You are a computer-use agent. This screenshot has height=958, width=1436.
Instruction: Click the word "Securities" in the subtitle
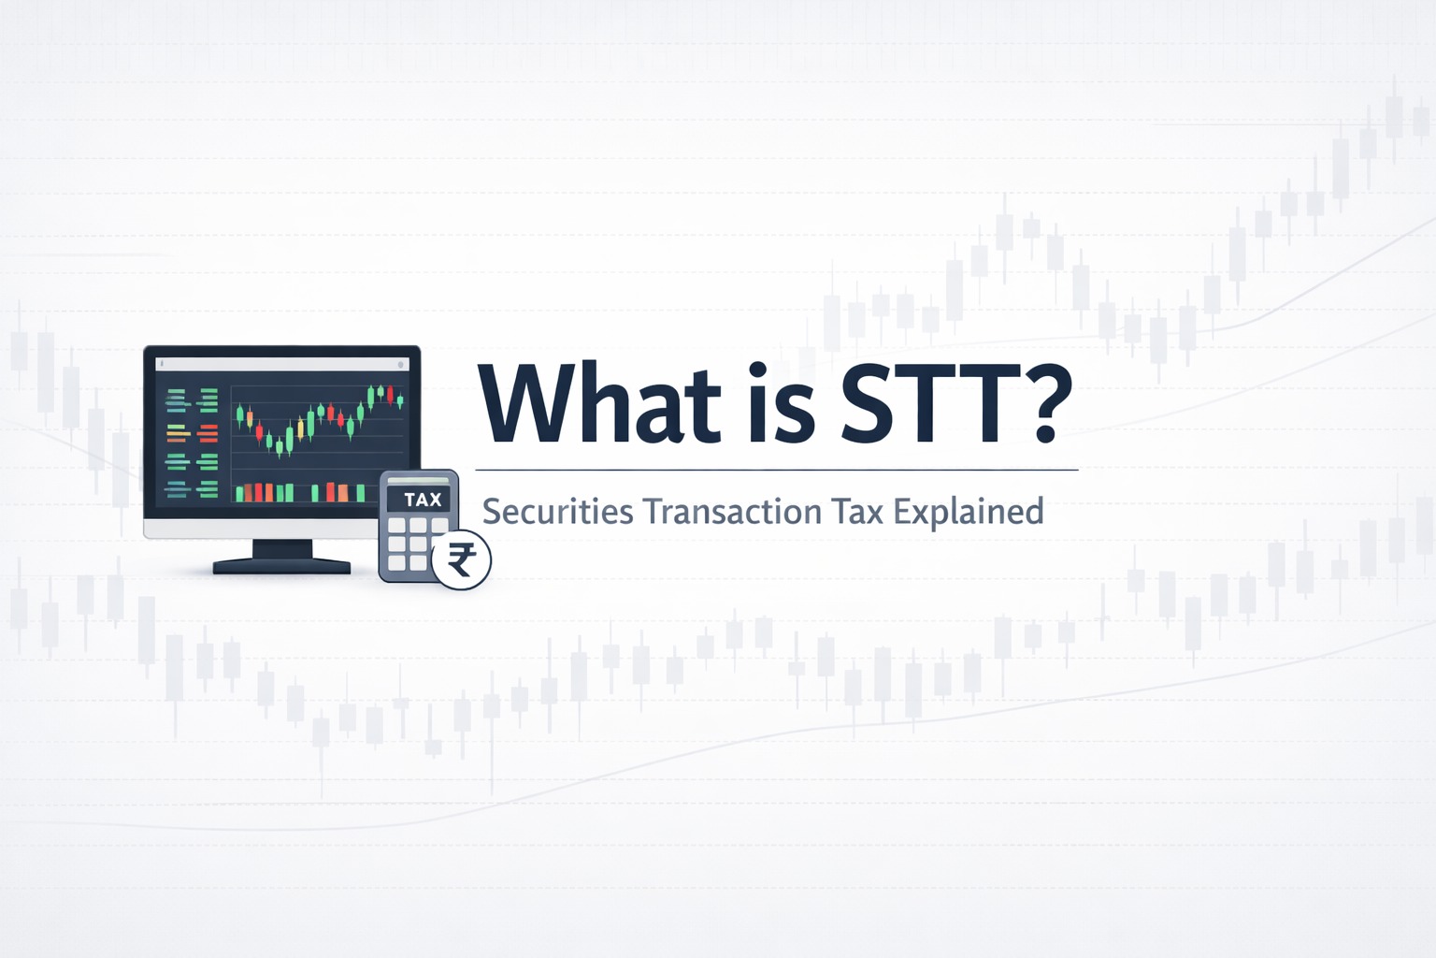(x=557, y=513)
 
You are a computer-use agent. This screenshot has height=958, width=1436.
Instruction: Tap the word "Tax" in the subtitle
(x=859, y=513)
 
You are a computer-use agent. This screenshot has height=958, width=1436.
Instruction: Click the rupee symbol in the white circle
(x=462, y=561)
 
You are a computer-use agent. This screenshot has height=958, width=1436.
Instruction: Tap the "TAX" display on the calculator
(x=422, y=500)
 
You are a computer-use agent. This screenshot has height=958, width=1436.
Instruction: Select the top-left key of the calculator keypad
(x=395, y=527)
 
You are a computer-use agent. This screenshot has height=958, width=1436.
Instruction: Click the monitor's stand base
(x=281, y=566)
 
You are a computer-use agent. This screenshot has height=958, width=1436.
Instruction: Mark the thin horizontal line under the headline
(x=776, y=469)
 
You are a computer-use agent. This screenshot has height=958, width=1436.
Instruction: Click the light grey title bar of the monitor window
(x=280, y=363)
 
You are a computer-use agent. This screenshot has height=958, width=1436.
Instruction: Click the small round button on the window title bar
(x=402, y=363)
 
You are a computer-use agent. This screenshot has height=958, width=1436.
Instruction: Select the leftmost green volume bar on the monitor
(x=240, y=492)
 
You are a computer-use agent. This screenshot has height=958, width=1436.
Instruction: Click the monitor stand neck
(x=281, y=549)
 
